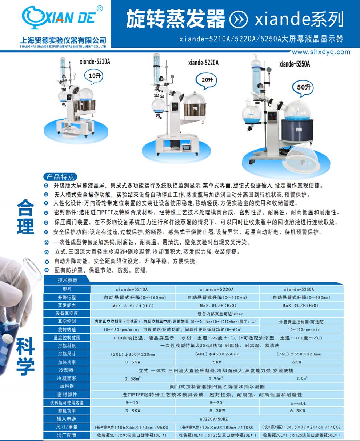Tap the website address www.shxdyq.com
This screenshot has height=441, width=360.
[x=321, y=52]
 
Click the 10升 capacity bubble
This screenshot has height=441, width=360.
[x=94, y=76]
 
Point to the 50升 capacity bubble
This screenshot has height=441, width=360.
[x=303, y=87]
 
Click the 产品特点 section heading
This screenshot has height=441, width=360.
[x=60, y=177]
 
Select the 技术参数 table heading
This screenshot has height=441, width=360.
[x=68, y=280]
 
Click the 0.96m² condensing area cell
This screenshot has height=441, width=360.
[x=217, y=378]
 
